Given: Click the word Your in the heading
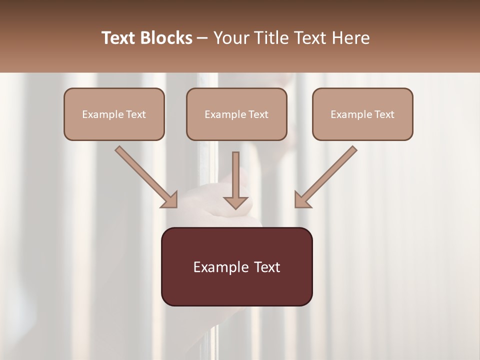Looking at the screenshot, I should (231, 38).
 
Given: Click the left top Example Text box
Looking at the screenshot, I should (114, 114).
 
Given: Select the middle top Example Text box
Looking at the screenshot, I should (236, 114).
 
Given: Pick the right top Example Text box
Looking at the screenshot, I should (362, 114).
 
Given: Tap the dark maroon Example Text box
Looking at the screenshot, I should (236, 266).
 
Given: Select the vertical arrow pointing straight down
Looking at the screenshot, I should (235, 177).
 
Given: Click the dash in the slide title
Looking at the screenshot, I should (203, 38).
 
